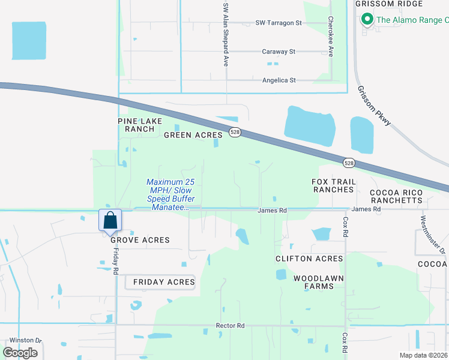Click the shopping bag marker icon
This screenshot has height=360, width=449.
(110, 220)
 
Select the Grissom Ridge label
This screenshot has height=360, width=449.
(382, 4)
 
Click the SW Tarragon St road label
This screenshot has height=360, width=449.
(279, 23)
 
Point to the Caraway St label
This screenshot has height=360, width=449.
(279, 52)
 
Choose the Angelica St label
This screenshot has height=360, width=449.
(279, 80)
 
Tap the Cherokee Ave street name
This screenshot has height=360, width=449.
(331, 36)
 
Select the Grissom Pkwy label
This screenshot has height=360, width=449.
(374, 105)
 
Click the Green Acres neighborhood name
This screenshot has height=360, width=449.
(193, 135)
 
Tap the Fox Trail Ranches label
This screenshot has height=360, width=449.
(333, 185)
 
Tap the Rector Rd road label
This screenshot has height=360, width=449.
(231, 326)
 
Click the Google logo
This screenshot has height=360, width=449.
(20, 353)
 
